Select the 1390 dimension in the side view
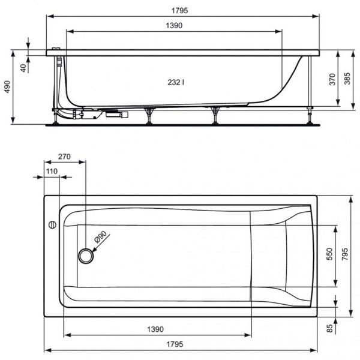173,25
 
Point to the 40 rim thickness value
23,67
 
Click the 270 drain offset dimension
64,157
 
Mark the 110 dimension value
51,172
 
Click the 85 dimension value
329,328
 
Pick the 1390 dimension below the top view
155,329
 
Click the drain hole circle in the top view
86,257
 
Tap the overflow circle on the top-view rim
52,226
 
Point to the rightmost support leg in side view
310,90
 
